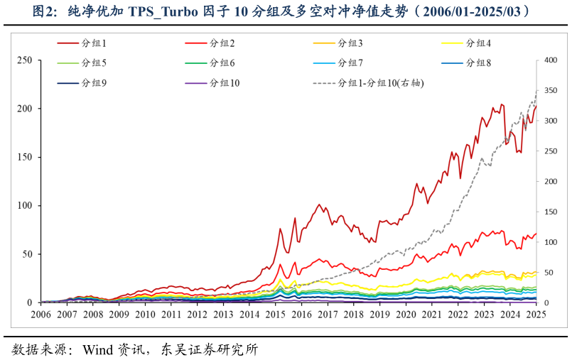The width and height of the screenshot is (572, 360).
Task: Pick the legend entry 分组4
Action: pyautogui.click(x=478, y=44)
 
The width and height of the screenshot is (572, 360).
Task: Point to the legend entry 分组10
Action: pyautogui.click(x=225, y=83)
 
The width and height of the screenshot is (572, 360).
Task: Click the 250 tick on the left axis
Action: pyautogui.click(x=25, y=60)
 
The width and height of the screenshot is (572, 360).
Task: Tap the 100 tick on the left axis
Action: pyautogui.click(x=25, y=206)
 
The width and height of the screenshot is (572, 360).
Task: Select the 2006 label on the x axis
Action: pyautogui.click(x=41, y=314)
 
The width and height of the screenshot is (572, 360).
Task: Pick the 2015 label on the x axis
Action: pyautogui.click(x=276, y=314)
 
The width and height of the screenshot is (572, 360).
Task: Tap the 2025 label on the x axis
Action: pyautogui.click(x=536, y=314)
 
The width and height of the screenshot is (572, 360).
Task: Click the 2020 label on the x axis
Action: pyautogui.click(x=406, y=314)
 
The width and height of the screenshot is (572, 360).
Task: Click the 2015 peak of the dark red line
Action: pyautogui.click(x=280, y=229)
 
